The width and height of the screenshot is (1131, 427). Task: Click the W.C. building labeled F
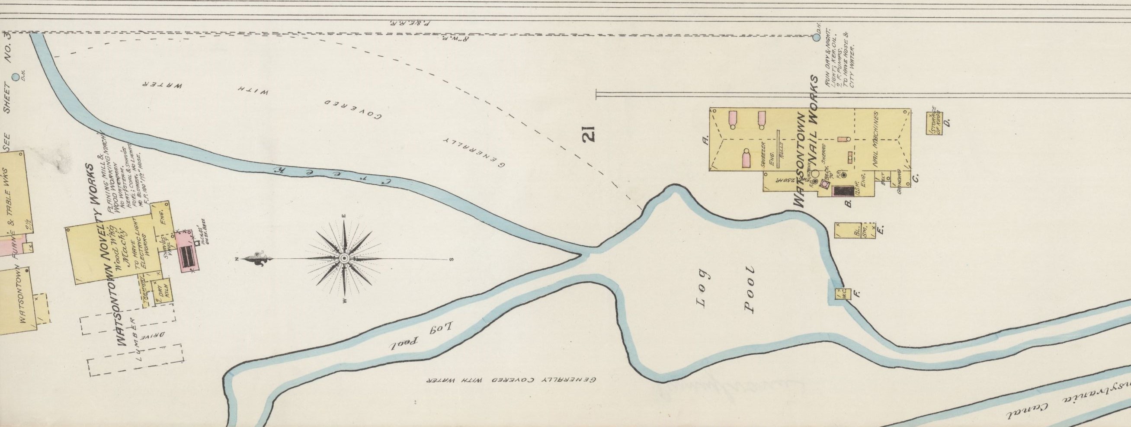pos(843,294)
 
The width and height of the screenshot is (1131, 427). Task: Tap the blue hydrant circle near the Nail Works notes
pos(816,37)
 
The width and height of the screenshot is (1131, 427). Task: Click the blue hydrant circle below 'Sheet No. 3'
pos(16,77)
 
